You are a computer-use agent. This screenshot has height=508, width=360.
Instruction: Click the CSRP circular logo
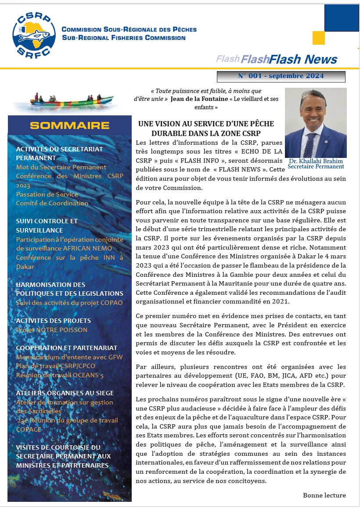(34, 34)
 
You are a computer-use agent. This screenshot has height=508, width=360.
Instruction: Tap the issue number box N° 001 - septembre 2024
(281, 76)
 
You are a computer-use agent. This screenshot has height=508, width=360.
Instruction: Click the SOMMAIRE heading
(69, 125)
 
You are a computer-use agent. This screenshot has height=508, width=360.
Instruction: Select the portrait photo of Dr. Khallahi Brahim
(316, 123)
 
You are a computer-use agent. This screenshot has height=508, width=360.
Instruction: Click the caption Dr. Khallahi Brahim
(316, 161)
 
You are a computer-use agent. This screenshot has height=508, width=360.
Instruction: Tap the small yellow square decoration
(318, 38)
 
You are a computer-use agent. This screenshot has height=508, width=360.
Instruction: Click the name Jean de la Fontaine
(199, 99)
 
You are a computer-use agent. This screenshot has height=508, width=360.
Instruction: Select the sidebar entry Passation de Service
(47, 194)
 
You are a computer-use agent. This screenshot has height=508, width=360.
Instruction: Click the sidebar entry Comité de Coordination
(52, 203)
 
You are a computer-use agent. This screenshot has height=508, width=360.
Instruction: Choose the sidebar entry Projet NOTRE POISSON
(52, 330)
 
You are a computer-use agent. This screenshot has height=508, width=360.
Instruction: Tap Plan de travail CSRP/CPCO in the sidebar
(56, 366)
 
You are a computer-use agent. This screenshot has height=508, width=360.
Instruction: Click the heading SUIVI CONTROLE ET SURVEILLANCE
(47, 225)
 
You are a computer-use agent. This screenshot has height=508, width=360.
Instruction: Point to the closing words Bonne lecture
(324, 495)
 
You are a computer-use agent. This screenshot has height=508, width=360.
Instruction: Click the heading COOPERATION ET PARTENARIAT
(67, 348)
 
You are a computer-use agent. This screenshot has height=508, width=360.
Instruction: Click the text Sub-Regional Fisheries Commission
(124, 38)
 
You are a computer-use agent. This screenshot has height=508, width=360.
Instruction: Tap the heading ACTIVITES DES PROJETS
(54, 321)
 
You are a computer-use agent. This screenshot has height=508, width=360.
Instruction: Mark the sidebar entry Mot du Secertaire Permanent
(61, 167)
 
